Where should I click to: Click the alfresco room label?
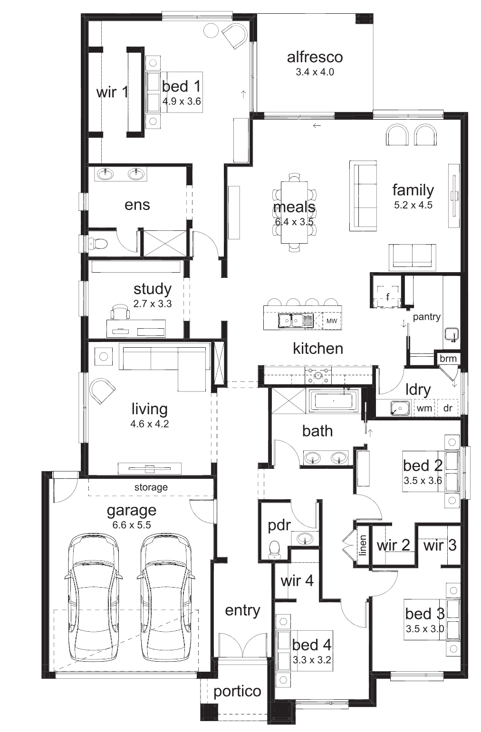[315, 57]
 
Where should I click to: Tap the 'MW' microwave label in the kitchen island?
[332, 321]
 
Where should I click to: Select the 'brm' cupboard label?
[448, 358]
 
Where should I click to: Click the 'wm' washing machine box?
[424, 408]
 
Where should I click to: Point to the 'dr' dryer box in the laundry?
[448, 408]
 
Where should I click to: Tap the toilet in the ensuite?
[97, 243]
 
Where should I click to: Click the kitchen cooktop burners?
[318, 375]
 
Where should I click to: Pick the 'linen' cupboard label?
[362, 545]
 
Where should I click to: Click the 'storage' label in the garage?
[151, 487]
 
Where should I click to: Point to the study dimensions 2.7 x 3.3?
[153, 304]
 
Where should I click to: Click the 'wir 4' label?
[297, 580]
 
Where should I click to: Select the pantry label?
[426, 317]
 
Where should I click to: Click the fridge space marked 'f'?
[388, 296]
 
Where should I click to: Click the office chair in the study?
[120, 311]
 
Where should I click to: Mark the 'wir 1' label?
[112, 92]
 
